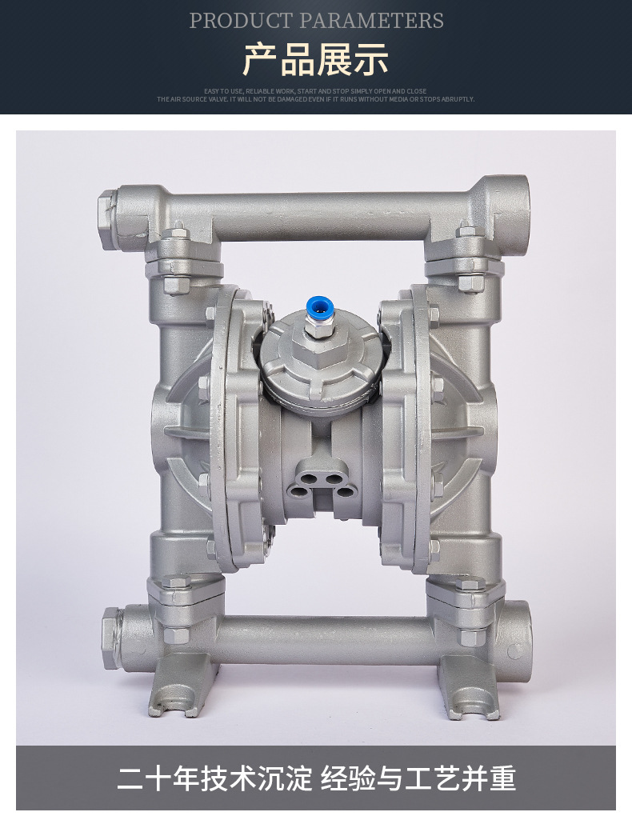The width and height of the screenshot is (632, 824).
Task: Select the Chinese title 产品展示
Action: tap(316, 60)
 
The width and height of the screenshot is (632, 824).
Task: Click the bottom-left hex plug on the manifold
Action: tap(110, 638)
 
